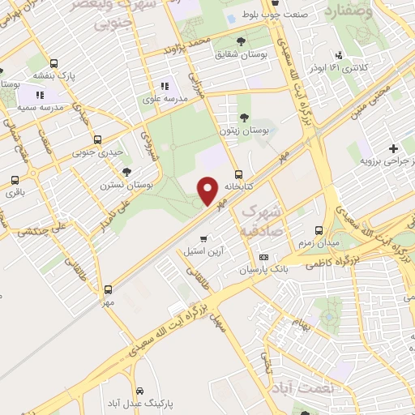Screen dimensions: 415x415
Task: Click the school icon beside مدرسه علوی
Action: coord(165,85)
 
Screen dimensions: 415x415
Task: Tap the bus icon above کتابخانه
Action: coord(237,173)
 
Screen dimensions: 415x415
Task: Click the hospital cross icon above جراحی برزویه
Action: coord(392,149)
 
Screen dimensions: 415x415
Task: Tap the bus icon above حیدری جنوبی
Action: coord(98,139)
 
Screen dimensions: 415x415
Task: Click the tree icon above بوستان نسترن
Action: coord(126,171)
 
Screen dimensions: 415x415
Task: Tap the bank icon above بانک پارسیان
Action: coord(263,256)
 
